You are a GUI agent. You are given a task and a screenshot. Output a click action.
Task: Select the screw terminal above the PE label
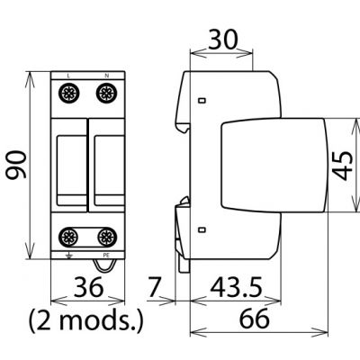105,238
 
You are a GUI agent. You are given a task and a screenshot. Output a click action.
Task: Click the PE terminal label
105,256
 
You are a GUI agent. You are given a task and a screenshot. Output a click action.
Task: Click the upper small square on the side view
202,99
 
